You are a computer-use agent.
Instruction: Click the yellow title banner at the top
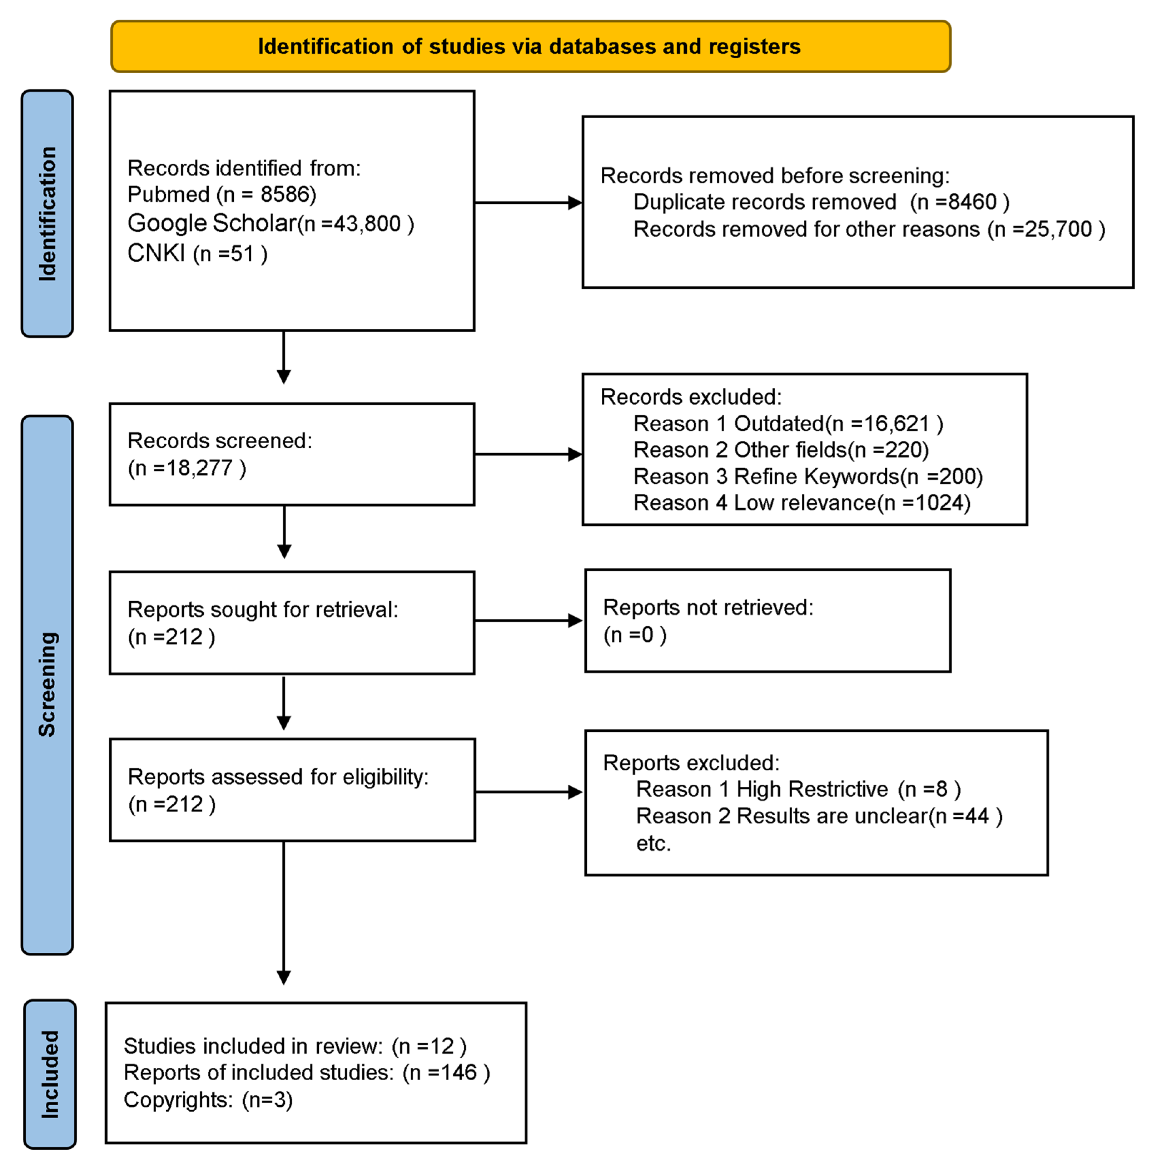click(x=530, y=46)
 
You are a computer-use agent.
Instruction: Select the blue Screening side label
click(x=47, y=684)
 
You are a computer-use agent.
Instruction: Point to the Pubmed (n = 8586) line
click(x=222, y=194)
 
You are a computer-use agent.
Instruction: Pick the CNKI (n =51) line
click(x=197, y=253)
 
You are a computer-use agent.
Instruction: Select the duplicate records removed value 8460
click(x=972, y=202)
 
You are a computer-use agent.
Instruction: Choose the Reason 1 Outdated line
click(x=788, y=423)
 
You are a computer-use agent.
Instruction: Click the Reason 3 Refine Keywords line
click(x=808, y=477)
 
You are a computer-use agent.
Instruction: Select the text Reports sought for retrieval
click(x=263, y=610)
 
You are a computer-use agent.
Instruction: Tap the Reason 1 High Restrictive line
click(x=798, y=789)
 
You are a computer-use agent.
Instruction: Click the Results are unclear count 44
click(x=976, y=816)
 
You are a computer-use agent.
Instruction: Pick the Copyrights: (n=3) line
click(x=208, y=1100)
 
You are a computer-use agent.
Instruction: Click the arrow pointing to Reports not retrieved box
click(x=528, y=620)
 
